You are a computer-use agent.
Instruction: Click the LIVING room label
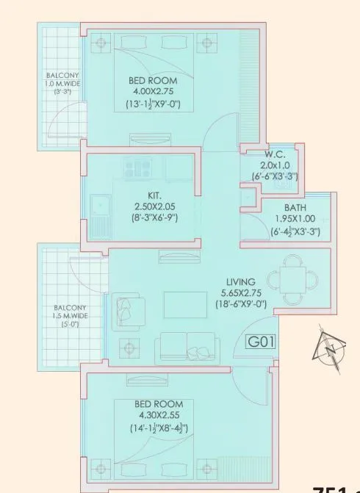click(x=240, y=282)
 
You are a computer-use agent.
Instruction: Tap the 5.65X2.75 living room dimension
click(x=240, y=293)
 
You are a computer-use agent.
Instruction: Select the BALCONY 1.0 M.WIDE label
click(x=62, y=84)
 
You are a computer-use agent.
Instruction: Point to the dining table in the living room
click(x=292, y=278)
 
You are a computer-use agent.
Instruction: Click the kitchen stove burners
click(x=135, y=170)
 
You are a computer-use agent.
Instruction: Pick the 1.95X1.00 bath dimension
click(x=295, y=219)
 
